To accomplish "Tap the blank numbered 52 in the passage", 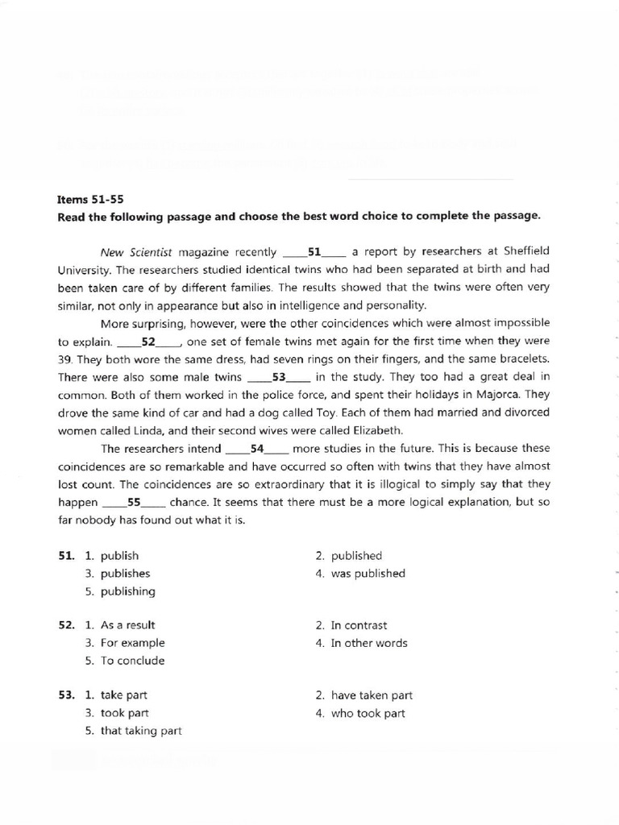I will click(148, 342).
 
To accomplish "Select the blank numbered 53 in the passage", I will click(279, 377).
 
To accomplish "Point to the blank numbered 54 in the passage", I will click(257, 449).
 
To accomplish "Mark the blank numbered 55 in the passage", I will click(134, 502).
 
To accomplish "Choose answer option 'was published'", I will click(368, 574).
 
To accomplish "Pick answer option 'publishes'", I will click(125, 574).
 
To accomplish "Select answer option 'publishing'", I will click(127, 591).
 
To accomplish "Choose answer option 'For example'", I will click(132, 643).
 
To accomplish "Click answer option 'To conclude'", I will click(132, 661).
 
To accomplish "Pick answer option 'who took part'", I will click(368, 714).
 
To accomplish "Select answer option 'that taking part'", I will click(141, 732).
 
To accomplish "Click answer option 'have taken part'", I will click(372, 695).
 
